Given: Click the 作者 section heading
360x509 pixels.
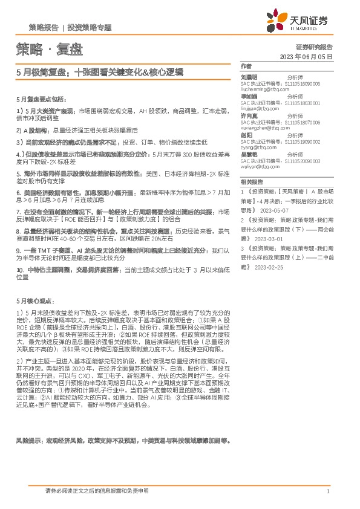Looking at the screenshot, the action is click(246, 66).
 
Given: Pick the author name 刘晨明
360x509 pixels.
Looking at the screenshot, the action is click(249, 78).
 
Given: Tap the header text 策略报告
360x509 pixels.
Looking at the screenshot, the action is click(44, 28).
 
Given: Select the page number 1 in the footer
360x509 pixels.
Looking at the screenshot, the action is click(327, 491).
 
